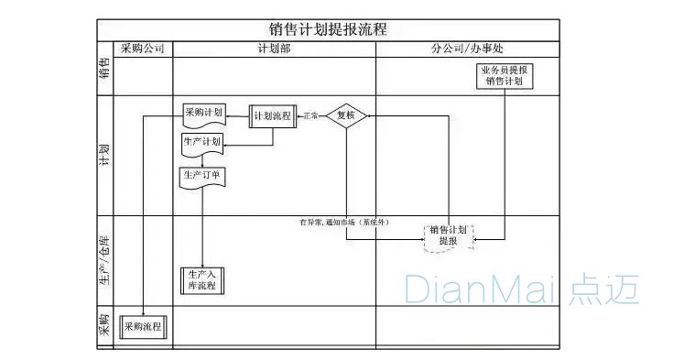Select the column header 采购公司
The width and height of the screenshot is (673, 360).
tap(142, 49)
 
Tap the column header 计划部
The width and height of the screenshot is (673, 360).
tap(274, 49)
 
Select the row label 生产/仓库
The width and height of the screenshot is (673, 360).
tap(104, 261)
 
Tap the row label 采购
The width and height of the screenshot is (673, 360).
tap(104, 326)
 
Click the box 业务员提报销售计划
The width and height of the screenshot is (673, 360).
tap(505, 75)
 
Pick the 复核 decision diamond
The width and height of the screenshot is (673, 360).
tap(346, 115)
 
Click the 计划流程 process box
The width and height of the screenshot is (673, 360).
tap(273, 116)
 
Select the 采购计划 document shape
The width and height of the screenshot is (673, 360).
tap(203, 114)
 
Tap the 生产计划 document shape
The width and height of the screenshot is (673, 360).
tap(202, 143)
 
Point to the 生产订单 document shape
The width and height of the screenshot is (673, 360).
tap(202, 175)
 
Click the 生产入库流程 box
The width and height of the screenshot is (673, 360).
tap(201, 279)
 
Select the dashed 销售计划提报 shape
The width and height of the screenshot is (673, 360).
tap(449, 235)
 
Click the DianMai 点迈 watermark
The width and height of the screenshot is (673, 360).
tap(521, 289)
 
